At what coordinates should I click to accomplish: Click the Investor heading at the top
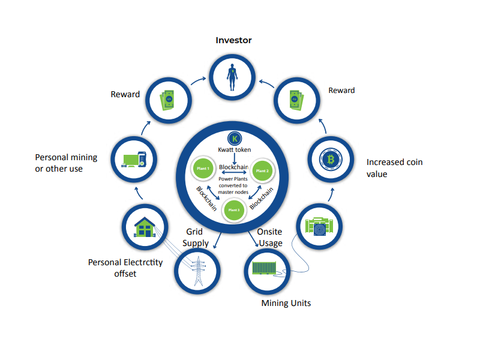click(233, 40)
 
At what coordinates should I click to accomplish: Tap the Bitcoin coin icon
click(329, 160)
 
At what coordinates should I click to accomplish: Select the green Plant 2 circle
click(262, 171)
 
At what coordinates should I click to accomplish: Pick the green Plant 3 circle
click(235, 209)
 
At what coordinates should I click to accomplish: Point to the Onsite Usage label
click(269, 238)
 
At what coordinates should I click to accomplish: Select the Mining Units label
click(286, 303)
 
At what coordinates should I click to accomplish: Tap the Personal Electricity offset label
click(125, 268)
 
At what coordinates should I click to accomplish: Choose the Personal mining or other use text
click(67, 163)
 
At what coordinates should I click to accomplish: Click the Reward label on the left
click(125, 94)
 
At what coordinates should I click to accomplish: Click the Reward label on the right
click(341, 91)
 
